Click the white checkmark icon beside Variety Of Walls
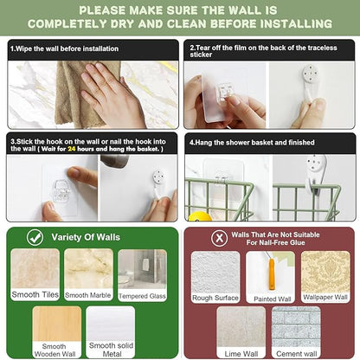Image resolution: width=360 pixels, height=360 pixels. pyautogui.click(x=35, y=237)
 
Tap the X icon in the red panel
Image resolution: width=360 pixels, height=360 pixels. pyautogui.click(x=220, y=238)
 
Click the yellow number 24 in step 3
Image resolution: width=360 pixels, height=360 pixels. pyautogui.click(x=72, y=149)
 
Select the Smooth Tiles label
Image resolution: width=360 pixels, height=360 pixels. pyautogui.click(x=35, y=294)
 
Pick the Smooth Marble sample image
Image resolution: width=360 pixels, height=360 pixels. pyautogui.click(x=88, y=268)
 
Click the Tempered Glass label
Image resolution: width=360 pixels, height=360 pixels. pyautogui.click(x=142, y=296)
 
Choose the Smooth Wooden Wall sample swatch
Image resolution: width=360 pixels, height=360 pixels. pyautogui.click(x=57, y=324)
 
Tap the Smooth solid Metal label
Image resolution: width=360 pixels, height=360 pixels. pyautogui.click(x=111, y=350)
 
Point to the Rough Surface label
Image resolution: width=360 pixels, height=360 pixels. pyautogui.click(x=215, y=298)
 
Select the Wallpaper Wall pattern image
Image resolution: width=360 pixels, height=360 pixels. pyautogui.click(x=325, y=272)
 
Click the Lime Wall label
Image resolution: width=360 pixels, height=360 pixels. pyautogui.click(x=241, y=354)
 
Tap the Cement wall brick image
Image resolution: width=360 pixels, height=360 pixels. pyautogui.click(x=296, y=327)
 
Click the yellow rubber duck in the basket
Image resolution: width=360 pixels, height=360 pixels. pyautogui.click(x=200, y=216)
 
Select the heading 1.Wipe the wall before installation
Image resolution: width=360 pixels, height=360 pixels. pyautogui.click(x=64, y=48)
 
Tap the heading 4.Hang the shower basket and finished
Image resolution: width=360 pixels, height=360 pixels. pyautogui.click(x=252, y=142)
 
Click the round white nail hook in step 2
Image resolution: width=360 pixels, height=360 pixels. pyautogui.click(x=311, y=74)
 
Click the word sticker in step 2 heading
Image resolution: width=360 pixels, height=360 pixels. pyautogui.click(x=201, y=55)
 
